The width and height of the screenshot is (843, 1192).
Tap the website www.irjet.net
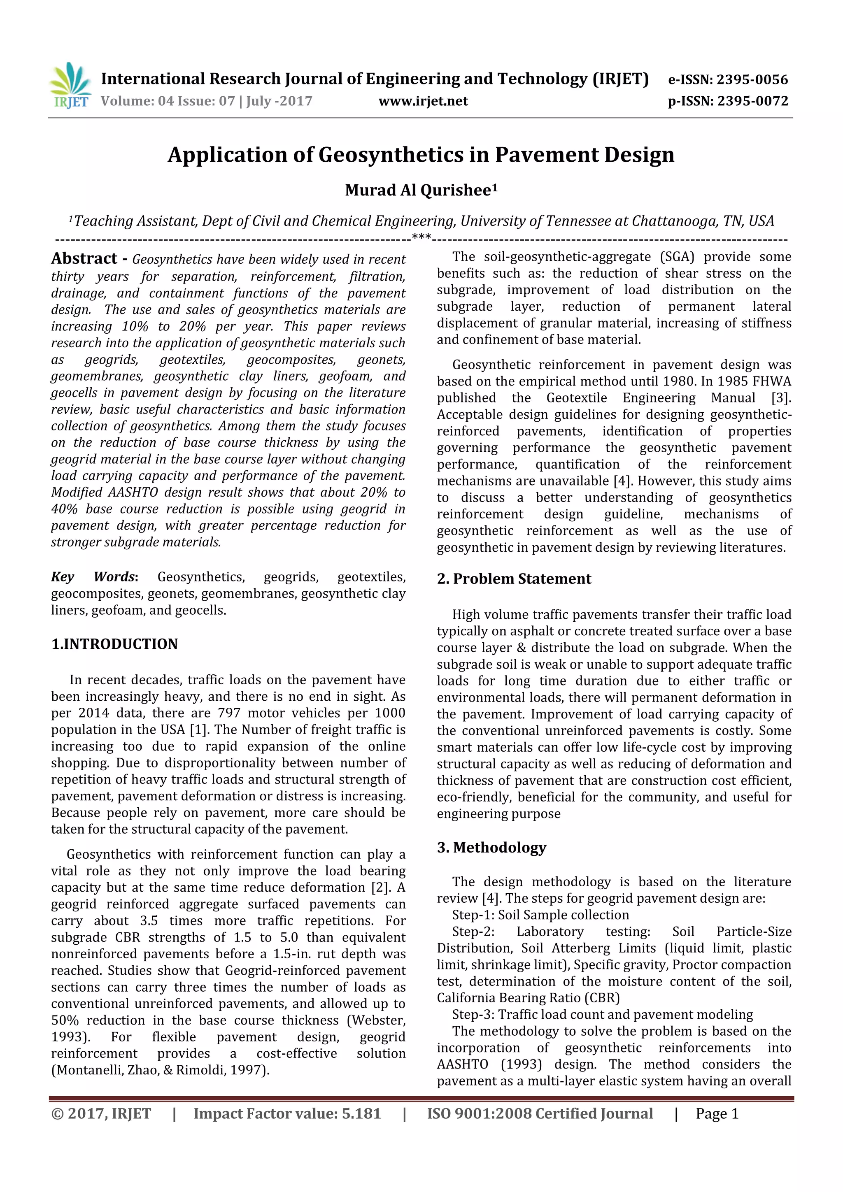coord(423,101)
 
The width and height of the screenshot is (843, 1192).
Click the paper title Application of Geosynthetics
coord(421,155)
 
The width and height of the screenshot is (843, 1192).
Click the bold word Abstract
coord(84,258)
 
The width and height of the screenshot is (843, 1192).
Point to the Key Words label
coord(94,577)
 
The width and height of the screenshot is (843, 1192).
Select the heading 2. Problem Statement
coord(514,579)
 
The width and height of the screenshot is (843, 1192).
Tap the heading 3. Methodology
coord(491,847)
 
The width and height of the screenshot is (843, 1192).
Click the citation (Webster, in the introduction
coord(376,1020)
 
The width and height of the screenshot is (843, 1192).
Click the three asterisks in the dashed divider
coord(421,238)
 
